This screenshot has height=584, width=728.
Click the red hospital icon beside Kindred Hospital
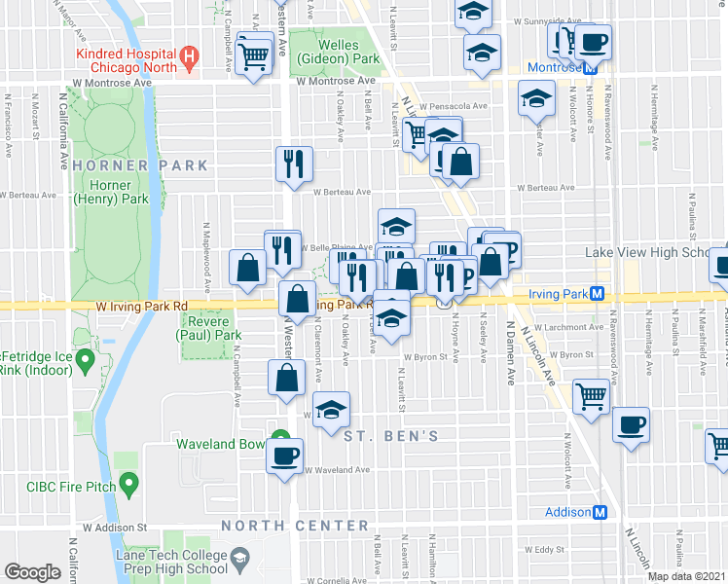(x=190, y=59)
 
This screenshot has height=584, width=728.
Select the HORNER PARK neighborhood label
(x=140, y=165)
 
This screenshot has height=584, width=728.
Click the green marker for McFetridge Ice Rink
(x=84, y=363)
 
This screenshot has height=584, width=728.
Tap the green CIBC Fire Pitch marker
(x=127, y=486)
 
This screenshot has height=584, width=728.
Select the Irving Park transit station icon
(x=598, y=294)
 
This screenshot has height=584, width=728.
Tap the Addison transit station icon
(x=601, y=512)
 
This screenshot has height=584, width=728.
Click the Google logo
(x=32, y=571)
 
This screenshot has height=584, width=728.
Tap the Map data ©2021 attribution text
(x=687, y=576)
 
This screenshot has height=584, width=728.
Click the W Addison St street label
(x=114, y=527)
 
